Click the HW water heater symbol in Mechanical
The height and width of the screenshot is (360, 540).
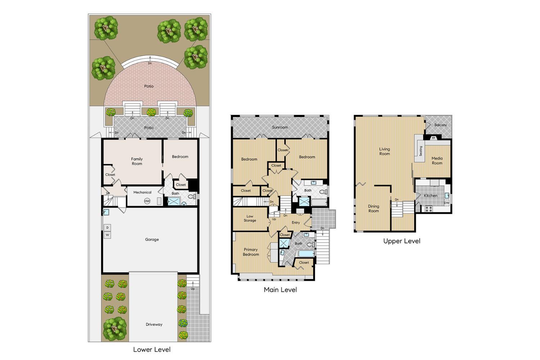(x=147, y=201)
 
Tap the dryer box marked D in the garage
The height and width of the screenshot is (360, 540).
(x=107, y=228)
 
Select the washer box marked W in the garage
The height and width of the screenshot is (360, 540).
(x=107, y=235)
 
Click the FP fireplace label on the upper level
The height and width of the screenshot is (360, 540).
(x=433, y=138)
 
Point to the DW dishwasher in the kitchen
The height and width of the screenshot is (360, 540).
(x=446, y=203)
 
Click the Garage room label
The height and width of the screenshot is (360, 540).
(x=152, y=239)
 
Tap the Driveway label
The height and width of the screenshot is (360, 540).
(x=154, y=324)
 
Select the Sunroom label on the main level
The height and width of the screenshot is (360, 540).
(x=280, y=127)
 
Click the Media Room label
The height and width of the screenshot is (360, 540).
(x=437, y=161)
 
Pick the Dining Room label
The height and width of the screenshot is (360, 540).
(x=373, y=208)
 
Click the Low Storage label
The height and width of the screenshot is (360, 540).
(x=250, y=219)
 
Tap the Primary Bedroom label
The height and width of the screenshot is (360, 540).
(x=251, y=252)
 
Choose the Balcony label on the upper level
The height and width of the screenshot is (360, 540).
(x=441, y=125)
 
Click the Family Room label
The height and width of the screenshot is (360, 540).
(x=137, y=161)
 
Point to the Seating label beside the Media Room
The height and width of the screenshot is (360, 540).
(x=420, y=151)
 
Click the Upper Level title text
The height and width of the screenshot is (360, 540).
(x=402, y=241)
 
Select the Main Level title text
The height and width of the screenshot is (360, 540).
(x=280, y=289)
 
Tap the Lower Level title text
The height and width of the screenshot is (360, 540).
(x=152, y=349)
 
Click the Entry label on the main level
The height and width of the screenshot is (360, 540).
(x=296, y=222)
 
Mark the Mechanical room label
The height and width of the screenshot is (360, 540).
(x=142, y=192)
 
